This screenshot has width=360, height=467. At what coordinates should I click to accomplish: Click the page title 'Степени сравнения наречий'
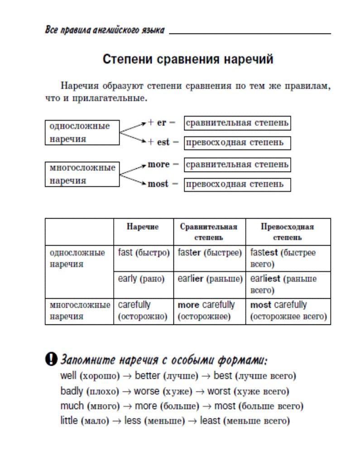[x=188, y=59]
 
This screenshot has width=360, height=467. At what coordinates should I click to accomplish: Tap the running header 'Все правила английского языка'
[x=105, y=30]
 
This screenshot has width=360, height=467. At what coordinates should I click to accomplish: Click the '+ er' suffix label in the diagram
[x=157, y=123]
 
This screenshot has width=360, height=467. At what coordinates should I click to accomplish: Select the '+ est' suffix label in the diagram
[x=158, y=142]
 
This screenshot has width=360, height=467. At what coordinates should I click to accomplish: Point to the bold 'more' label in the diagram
[x=158, y=164]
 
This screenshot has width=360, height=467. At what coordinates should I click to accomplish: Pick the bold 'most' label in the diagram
[x=158, y=184]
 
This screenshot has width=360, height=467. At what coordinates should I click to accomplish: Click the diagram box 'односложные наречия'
[x=82, y=133]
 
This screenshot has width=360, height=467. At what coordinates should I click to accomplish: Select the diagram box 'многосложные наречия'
[x=82, y=174]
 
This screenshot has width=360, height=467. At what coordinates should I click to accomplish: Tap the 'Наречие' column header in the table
[x=143, y=227]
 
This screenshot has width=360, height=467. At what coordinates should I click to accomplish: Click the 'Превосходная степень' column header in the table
[x=288, y=232]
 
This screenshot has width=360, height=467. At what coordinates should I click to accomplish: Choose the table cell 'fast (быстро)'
[x=144, y=258]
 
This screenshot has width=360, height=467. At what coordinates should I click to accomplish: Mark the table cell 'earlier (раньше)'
[x=210, y=285]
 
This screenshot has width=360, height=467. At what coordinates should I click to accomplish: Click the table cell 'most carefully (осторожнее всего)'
[x=288, y=311]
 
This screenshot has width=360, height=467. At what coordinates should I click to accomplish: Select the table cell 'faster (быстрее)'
[x=210, y=258]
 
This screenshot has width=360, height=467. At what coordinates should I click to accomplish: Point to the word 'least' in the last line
[x=210, y=420]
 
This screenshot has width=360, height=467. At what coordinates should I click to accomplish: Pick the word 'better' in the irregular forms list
[x=148, y=376]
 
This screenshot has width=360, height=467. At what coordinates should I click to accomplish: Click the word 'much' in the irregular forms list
[x=72, y=405]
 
